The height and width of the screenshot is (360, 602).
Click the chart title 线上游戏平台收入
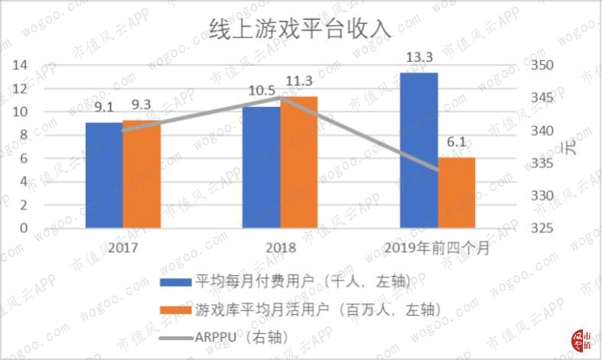point(301,29)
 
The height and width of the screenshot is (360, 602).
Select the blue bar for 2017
point(104,175)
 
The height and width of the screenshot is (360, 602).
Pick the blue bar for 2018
point(262,167)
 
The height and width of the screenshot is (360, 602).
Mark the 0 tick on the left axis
point(24,228)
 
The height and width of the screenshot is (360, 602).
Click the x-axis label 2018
point(280,248)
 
